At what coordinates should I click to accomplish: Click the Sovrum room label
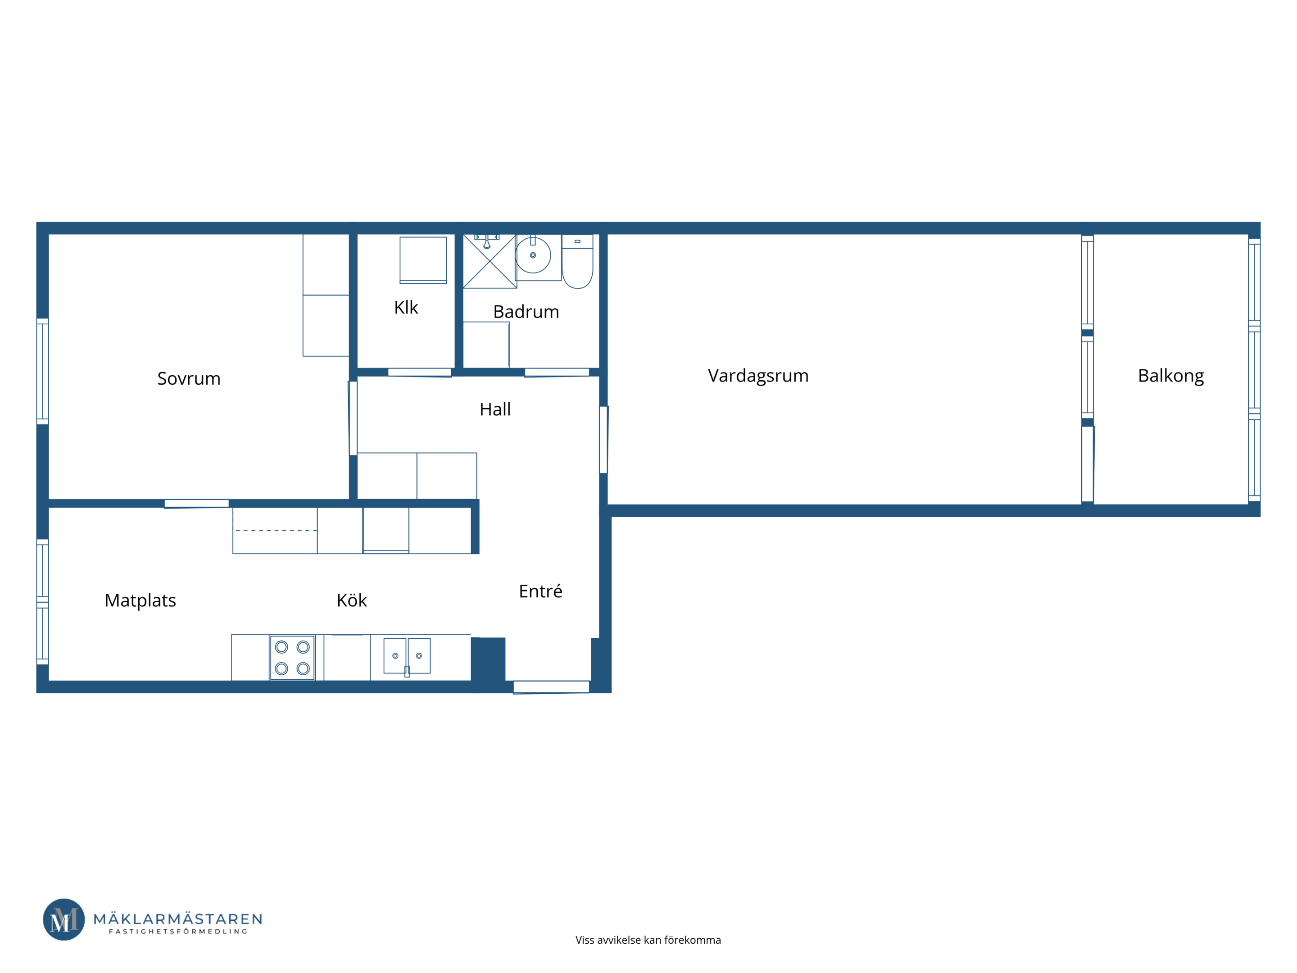(189, 379)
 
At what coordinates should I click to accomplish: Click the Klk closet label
(406, 307)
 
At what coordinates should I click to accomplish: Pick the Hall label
(495, 409)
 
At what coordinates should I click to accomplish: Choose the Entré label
(540, 591)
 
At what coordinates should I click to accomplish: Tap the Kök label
(352, 600)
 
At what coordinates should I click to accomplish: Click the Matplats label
(140, 600)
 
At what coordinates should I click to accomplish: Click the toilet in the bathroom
(577, 262)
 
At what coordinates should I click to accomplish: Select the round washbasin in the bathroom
(533, 256)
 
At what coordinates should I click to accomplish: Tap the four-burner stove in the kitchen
(292, 658)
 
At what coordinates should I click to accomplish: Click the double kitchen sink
(407, 656)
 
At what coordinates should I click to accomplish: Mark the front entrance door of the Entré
(551, 687)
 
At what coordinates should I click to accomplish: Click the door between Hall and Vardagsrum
(603, 440)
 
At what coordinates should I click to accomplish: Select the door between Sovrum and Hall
(353, 418)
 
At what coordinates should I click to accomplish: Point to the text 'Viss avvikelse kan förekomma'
(648, 940)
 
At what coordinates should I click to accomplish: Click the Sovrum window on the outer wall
(43, 371)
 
